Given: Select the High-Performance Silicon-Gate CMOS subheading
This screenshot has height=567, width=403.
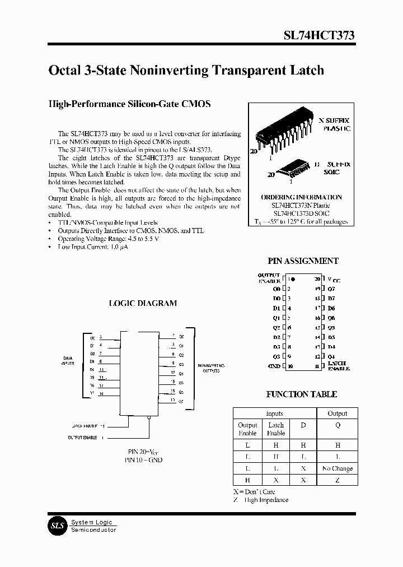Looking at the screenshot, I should [x=130, y=104].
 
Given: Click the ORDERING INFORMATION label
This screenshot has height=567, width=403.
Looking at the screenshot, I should [x=301, y=197].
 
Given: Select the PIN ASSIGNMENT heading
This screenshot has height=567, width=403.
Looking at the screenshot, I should [x=303, y=261].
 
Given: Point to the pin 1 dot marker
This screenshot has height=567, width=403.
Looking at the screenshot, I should [x=293, y=278].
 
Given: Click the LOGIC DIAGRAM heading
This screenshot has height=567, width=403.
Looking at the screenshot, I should [x=142, y=303].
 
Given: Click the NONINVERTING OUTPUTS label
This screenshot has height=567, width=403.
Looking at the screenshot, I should [x=211, y=368].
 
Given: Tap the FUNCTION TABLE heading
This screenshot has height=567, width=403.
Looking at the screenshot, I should [x=301, y=394].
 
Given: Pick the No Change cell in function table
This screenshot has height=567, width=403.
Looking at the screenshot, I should [x=337, y=468].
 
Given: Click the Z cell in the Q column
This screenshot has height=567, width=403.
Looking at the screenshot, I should [x=337, y=481].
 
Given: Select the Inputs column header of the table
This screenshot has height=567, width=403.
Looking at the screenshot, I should [x=274, y=413].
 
